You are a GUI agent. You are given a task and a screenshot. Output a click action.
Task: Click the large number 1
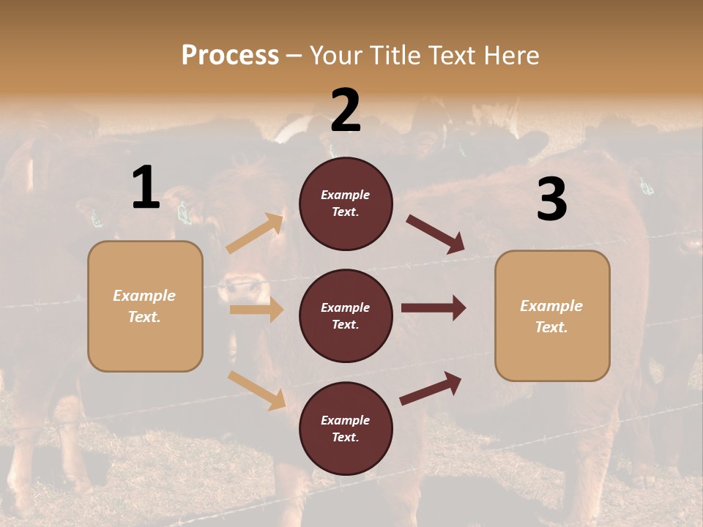point(146,188)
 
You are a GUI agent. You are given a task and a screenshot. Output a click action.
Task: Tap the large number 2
point(346,111)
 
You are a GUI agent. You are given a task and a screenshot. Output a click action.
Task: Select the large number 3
point(551,200)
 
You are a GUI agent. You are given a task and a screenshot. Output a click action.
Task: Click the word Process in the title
point(230,55)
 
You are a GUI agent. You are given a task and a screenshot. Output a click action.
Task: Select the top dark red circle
point(346,203)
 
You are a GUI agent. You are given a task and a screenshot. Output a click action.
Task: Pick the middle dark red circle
point(346,315)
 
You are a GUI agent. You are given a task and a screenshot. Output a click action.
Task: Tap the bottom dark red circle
point(346,428)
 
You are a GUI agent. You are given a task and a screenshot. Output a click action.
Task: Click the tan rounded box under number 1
point(145,306)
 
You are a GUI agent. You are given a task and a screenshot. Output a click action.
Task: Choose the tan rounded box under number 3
point(552,316)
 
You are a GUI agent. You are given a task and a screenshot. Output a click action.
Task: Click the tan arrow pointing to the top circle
point(256,233)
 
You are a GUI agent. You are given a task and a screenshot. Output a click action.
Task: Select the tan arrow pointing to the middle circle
point(256,310)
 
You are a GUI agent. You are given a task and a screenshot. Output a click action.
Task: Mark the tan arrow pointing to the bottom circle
point(257,390)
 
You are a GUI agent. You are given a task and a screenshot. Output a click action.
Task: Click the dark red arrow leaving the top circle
point(436,234)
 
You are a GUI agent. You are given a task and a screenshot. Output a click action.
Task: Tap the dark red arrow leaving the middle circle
point(434,308)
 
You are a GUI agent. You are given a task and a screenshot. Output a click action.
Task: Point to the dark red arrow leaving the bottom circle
point(431,388)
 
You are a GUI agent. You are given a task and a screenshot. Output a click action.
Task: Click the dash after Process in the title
point(294,55)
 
